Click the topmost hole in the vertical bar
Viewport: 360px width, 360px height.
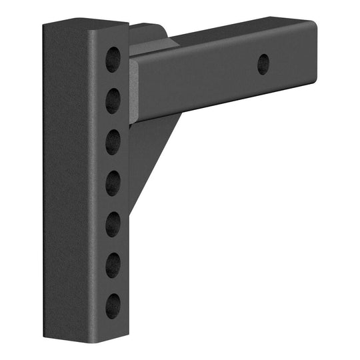(x=113, y=58)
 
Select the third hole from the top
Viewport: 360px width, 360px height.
(x=113, y=141)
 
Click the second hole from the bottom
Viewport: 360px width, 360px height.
(x=113, y=263)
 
